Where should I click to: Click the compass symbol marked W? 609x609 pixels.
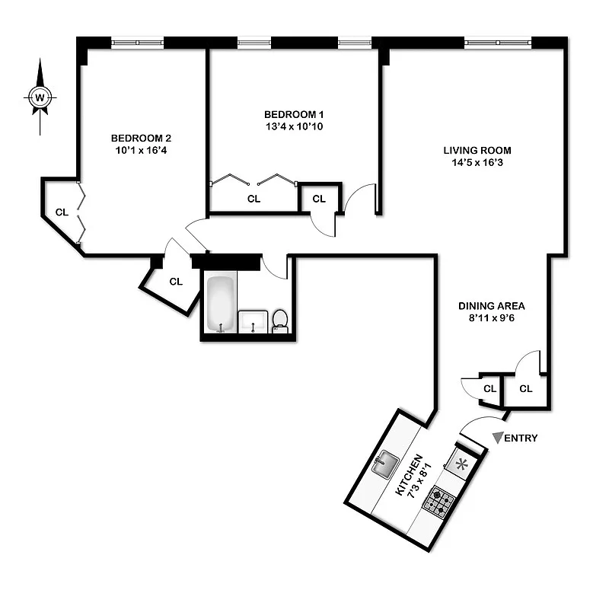[40, 97]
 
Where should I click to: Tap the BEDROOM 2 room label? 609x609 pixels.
[141, 138]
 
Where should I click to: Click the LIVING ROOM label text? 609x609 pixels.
[477, 150]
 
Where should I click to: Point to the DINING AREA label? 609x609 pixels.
[492, 306]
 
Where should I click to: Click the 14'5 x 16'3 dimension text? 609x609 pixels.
[477, 162]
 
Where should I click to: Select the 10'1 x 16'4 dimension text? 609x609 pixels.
[141, 150]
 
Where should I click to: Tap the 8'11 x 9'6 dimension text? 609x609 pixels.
[492, 318]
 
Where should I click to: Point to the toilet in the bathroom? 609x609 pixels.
[280, 320]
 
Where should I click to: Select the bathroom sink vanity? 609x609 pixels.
[253, 322]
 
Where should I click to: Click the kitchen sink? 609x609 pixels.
[386, 461]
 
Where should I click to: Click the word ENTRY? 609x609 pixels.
[522, 438]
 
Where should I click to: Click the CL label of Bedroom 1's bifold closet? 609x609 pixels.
[253, 199]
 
